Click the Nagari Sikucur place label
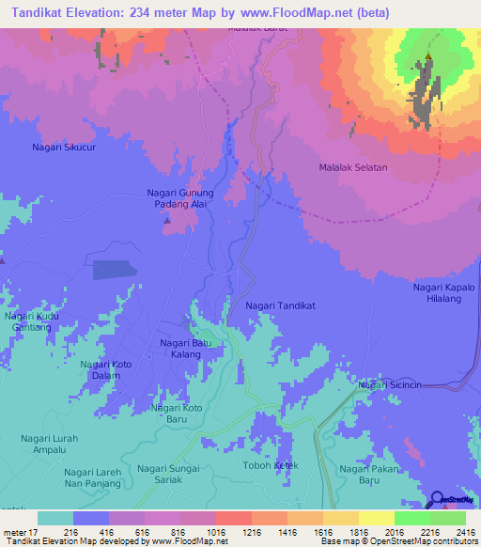65,148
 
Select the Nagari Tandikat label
281,306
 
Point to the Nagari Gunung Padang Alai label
181,199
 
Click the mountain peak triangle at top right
428,57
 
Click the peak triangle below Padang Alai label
167,222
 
